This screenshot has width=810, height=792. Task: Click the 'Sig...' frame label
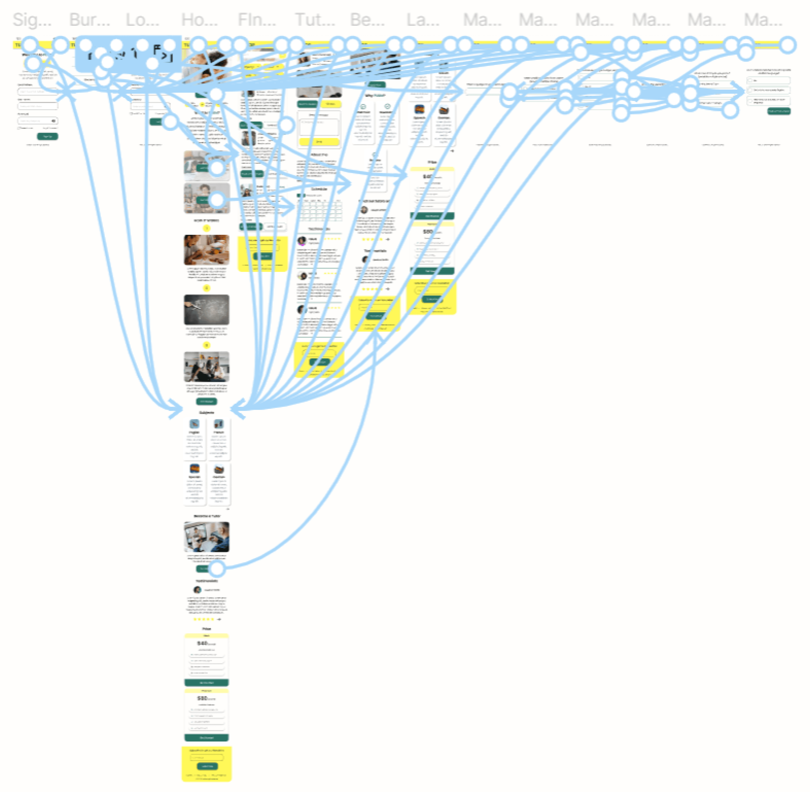[x=32, y=20]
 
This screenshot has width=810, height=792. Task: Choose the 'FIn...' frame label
[x=256, y=20]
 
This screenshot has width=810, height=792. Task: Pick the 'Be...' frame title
[x=367, y=20]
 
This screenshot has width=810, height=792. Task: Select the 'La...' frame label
[x=423, y=20]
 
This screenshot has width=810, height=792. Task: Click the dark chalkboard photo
[x=206, y=310]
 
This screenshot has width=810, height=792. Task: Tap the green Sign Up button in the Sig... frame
[x=47, y=136]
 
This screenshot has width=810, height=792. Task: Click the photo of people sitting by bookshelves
[x=206, y=366]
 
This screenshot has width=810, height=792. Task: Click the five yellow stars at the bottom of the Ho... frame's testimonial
[x=204, y=619]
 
